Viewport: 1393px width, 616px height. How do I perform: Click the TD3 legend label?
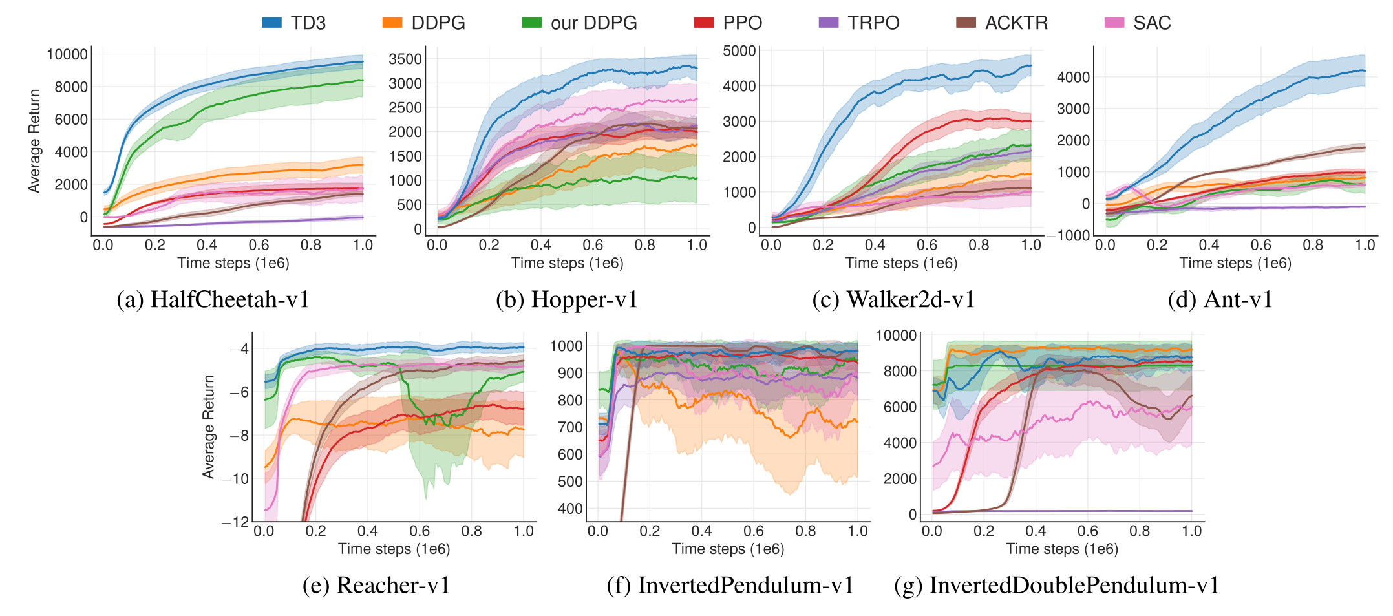308,23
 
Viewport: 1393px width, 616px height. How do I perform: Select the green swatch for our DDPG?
531,23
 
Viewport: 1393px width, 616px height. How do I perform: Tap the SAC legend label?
1152,23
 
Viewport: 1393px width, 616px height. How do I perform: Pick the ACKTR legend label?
1016,23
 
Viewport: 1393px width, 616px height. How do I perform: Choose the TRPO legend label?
873,23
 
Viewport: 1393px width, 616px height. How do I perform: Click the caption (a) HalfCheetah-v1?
213,299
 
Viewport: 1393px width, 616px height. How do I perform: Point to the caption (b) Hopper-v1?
567,299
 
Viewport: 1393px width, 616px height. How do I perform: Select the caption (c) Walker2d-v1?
893,299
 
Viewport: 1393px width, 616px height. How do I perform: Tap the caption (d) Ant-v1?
1220,299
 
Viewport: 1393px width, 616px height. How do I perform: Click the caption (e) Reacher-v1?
376,585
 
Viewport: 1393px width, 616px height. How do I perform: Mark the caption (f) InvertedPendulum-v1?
730,585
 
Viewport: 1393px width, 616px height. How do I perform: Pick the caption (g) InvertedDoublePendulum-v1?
1057,585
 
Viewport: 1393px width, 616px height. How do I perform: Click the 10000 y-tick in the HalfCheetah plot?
67,54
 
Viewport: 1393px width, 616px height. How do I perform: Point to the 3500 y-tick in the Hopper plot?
405,59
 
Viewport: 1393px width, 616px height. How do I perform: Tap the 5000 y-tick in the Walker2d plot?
739,50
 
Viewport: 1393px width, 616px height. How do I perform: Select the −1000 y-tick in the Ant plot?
1069,235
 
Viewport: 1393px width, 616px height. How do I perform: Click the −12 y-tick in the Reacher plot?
235,522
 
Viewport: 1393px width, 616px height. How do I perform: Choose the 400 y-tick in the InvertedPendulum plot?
570,509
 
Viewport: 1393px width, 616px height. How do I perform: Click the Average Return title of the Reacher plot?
208,427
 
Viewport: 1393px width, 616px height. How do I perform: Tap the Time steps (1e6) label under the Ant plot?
1235,263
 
